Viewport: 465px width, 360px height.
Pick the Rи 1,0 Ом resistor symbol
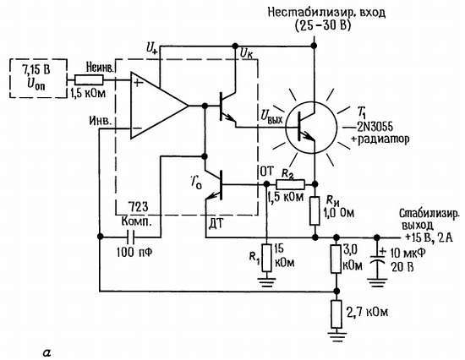point(314,204)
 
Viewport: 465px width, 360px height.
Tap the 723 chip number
point(139,207)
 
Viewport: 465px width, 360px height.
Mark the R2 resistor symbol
point(287,184)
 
